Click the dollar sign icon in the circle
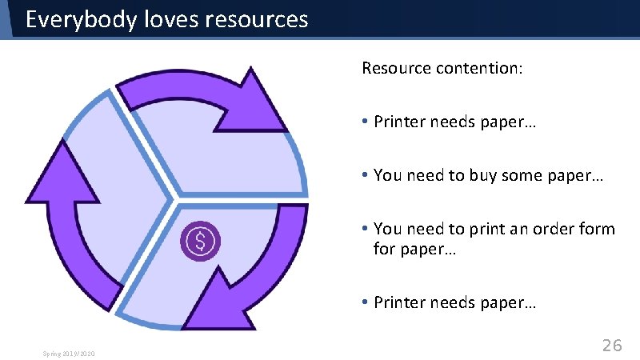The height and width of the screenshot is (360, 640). (202, 239)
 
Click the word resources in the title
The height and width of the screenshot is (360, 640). (257, 19)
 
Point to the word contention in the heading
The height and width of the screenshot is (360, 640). (479, 68)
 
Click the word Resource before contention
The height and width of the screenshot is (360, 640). (396, 68)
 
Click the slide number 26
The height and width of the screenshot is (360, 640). (612, 346)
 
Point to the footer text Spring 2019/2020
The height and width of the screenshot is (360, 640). (70, 352)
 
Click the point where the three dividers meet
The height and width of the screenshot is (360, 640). (173, 196)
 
